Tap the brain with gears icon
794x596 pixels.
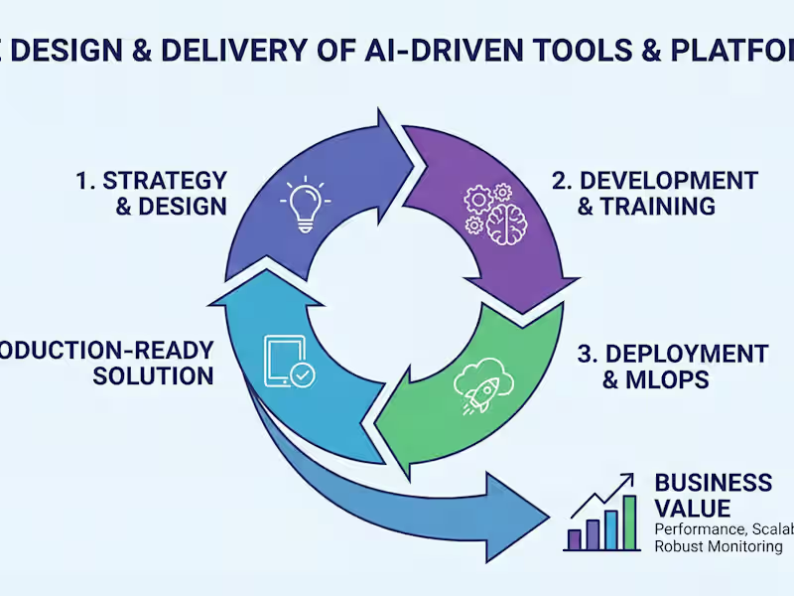point(488,210)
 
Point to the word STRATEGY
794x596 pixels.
point(165,181)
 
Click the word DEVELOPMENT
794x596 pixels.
point(668,181)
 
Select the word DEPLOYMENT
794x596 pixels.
point(686,355)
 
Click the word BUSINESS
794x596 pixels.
point(713,483)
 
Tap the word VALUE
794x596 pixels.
point(693,509)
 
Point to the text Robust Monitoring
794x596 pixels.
point(718,546)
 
